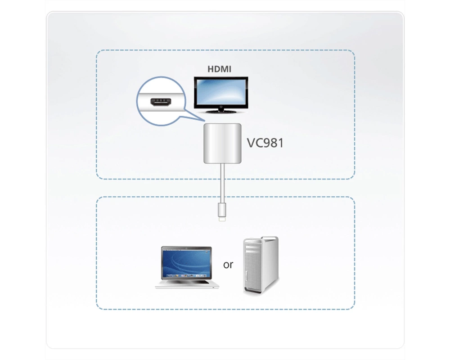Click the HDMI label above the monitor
coord(219,69)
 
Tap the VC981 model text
coord(265,143)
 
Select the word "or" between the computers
coord(228,265)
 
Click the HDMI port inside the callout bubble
coord(161,102)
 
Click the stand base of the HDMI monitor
coord(221,111)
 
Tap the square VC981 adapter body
coord(222,143)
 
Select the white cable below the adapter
coord(222,183)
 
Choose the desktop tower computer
coord(261,265)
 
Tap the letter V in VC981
coord(251,143)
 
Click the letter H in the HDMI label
coord(211,69)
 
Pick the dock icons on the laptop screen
coord(186,275)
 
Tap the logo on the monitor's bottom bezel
coord(221,108)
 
